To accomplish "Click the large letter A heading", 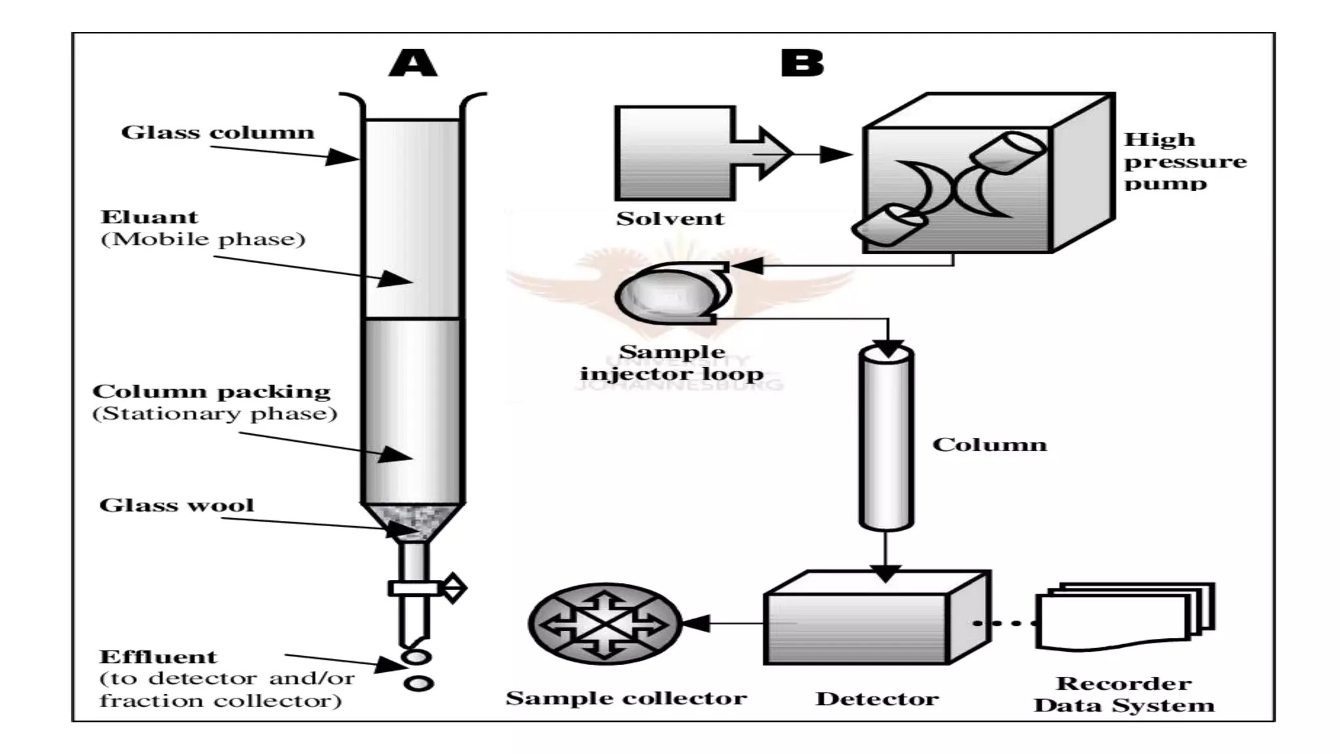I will (413, 64).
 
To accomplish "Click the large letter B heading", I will (802, 64).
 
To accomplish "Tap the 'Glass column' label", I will (218, 132).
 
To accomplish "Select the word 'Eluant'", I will (149, 217).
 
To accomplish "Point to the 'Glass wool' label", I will (177, 505).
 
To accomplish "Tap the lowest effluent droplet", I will (419, 683).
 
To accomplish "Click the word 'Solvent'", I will (670, 219).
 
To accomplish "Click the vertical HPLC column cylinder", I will (886, 439).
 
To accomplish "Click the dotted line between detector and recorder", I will (1004, 623).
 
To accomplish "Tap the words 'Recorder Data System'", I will (1123, 694).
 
